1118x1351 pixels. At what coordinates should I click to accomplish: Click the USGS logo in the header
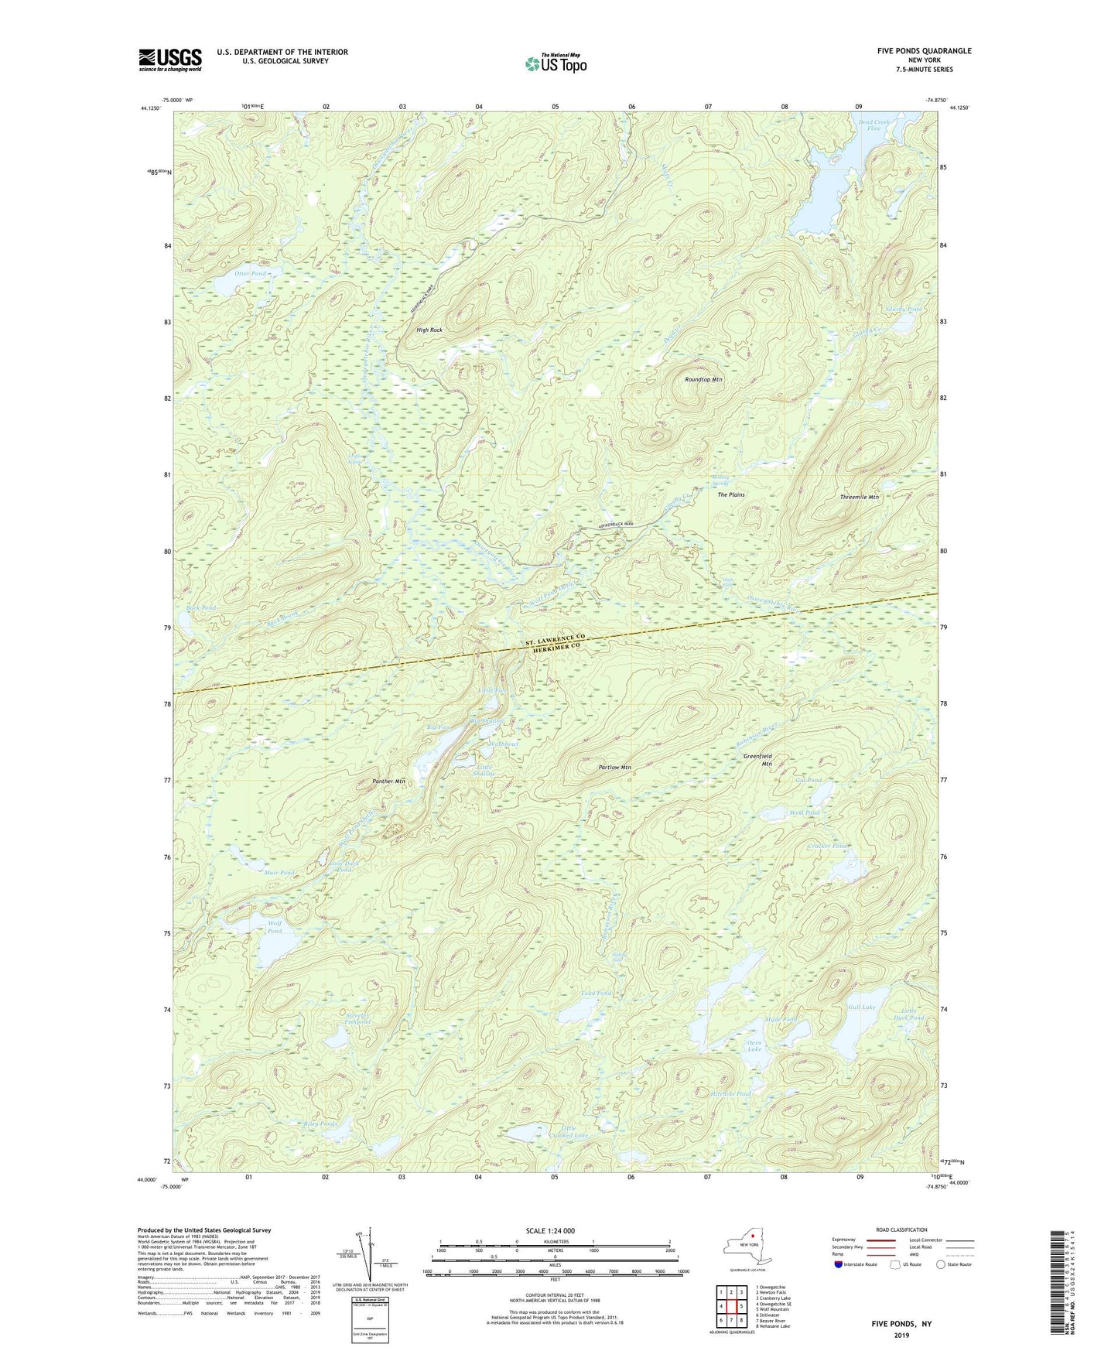click(x=170, y=60)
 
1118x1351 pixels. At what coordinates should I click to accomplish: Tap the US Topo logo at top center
click(x=555, y=63)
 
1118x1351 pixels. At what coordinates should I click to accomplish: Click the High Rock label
click(x=429, y=330)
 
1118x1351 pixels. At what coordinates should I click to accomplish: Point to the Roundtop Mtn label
click(x=703, y=380)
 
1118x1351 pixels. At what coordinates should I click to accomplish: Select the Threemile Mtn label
click(x=860, y=498)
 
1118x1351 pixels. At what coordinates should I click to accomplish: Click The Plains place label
click(x=731, y=494)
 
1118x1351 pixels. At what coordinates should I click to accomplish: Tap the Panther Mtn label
click(x=388, y=782)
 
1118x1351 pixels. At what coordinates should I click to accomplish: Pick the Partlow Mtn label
click(x=615, y=768)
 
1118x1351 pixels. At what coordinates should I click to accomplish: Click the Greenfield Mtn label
click(x=758, y=760)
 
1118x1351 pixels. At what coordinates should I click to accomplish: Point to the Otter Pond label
click(x=249, y=274)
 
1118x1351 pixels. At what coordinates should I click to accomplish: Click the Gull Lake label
click(x=861, y=1007)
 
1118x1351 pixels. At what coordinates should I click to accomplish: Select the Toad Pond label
click(x=596, y=993)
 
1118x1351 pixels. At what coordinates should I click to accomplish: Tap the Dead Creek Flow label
click(x=874, y=125)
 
